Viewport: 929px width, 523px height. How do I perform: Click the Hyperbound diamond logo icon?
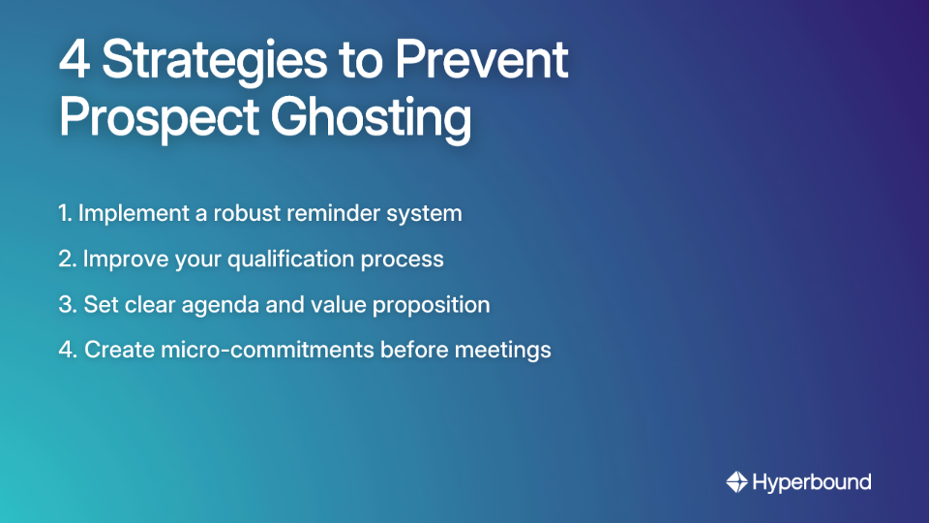pos(736,481)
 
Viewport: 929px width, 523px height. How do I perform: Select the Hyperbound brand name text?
pos(812,481)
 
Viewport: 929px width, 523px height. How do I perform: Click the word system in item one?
pos(427,214)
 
